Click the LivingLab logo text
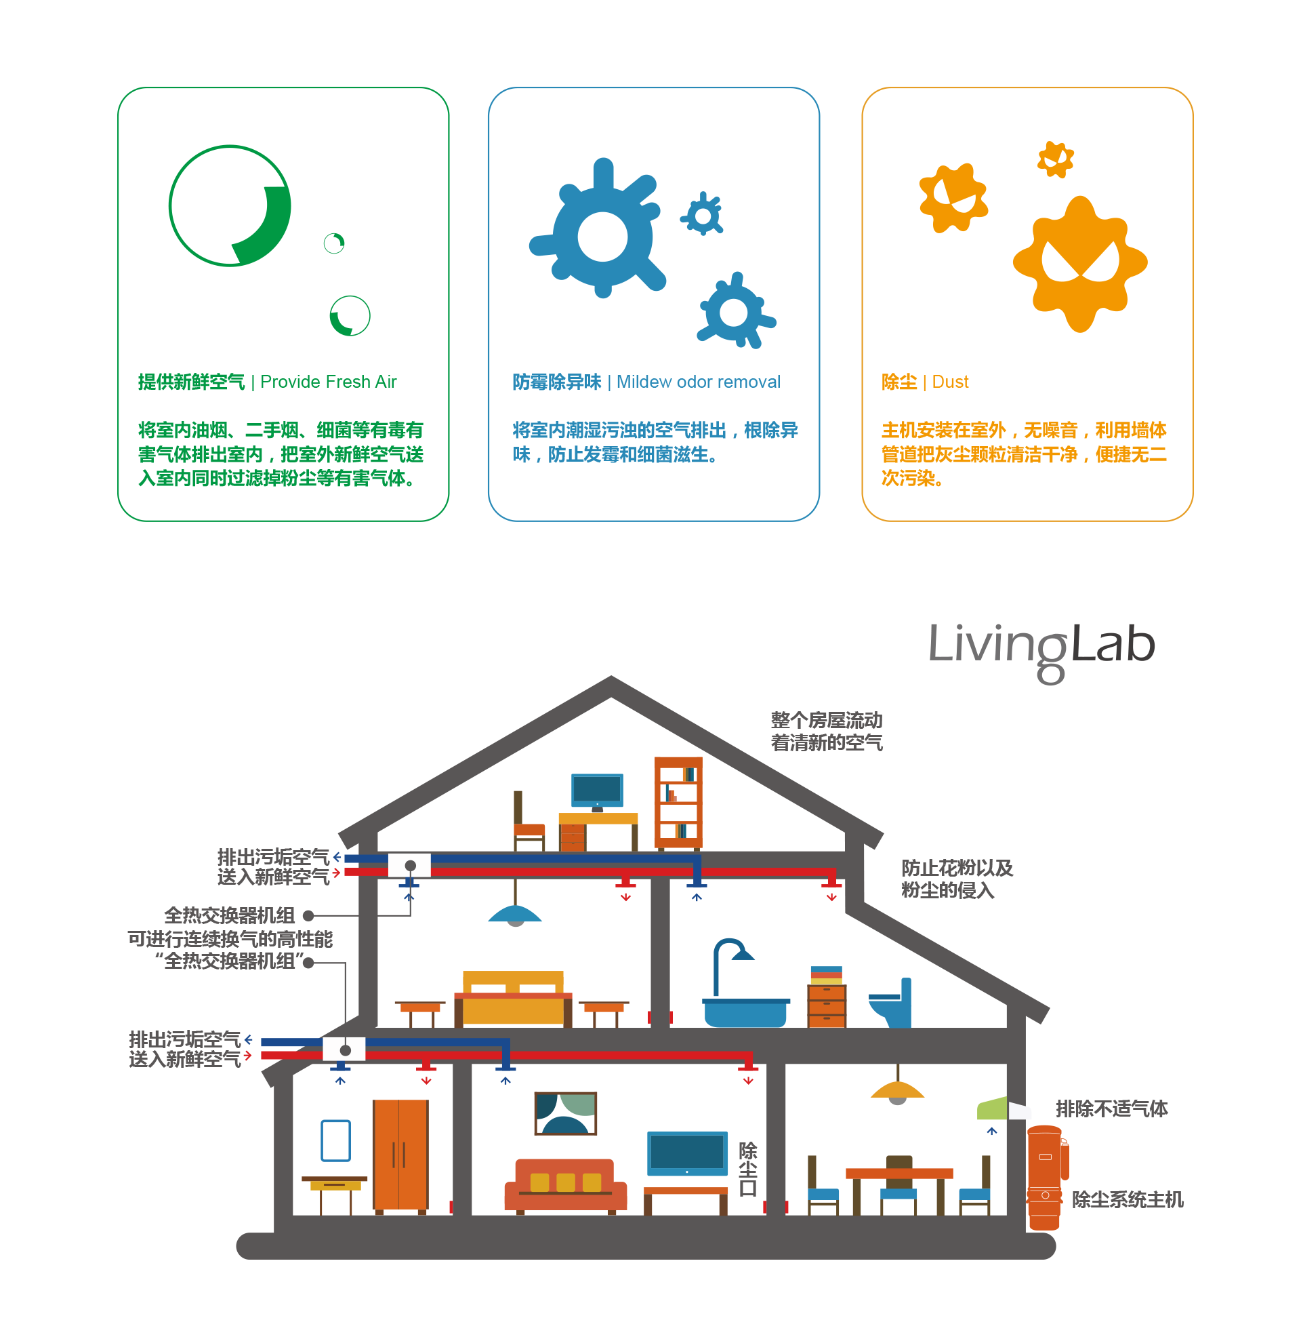(1041, 646)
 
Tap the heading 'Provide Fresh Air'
(328, 382)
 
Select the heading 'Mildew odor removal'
(699, 382)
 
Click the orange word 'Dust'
(950, 382)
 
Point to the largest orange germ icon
(1079, 263)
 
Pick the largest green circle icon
(230, 205)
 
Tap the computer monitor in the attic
(597, 790)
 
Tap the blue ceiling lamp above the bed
(514, 914)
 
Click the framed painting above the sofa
(565, 1113)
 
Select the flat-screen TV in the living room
(686, 1153)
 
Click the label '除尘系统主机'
(1127, 1199)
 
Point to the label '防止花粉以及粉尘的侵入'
(956, 879)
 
